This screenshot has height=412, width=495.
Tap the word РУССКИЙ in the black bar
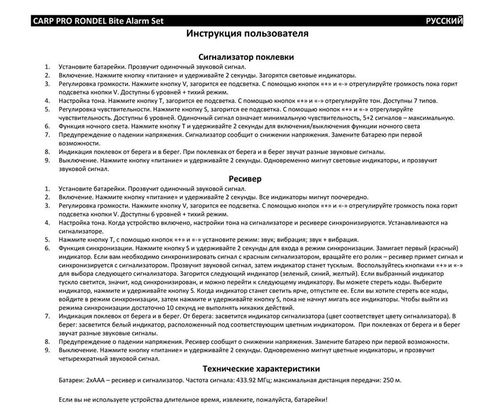[444, 21]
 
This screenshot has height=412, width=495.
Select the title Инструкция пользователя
[247, 34]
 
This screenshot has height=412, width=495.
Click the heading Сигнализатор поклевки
[246, 57]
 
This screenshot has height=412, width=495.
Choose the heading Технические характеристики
[261, 369]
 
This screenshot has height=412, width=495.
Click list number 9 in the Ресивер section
[47, 350]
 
